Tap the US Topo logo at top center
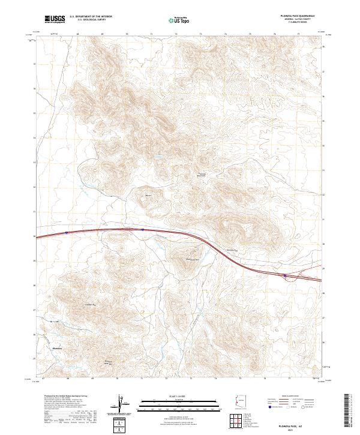click(x=179, y=20)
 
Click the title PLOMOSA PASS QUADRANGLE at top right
click(x=298, y=16)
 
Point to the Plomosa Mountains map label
click(x=203, y=175)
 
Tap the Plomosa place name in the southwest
click(x=58, y=348)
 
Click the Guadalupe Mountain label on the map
click(x=191, y=259)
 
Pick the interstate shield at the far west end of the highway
click(x=67, y=232)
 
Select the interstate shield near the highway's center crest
click(x=142, y=229)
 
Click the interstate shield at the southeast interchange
click(x=285, y=276)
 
